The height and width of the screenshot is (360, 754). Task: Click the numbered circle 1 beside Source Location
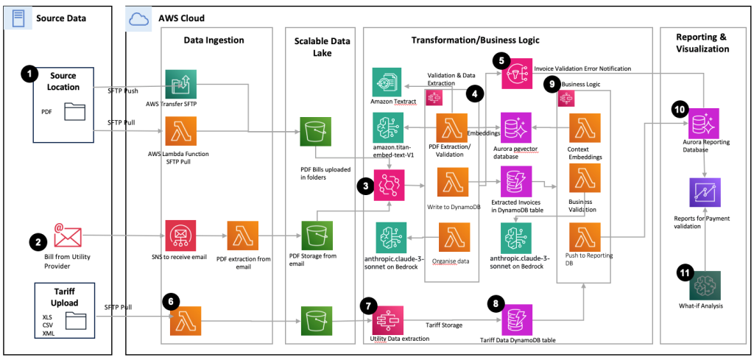pos(28,74)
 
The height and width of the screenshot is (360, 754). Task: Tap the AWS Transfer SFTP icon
pos(178,85)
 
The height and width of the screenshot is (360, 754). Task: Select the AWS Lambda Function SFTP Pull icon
pos(178,135)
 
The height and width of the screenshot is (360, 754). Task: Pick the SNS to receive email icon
pos(179,235)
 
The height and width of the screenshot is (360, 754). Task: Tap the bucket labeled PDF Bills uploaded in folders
pos(314,133)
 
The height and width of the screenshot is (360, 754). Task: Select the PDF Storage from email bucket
pos(314,235)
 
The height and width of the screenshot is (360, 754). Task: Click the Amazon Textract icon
pos(388,80)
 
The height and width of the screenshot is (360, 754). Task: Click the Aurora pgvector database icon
pos(516,127)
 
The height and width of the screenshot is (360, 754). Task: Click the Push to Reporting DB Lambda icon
pos(585,237)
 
